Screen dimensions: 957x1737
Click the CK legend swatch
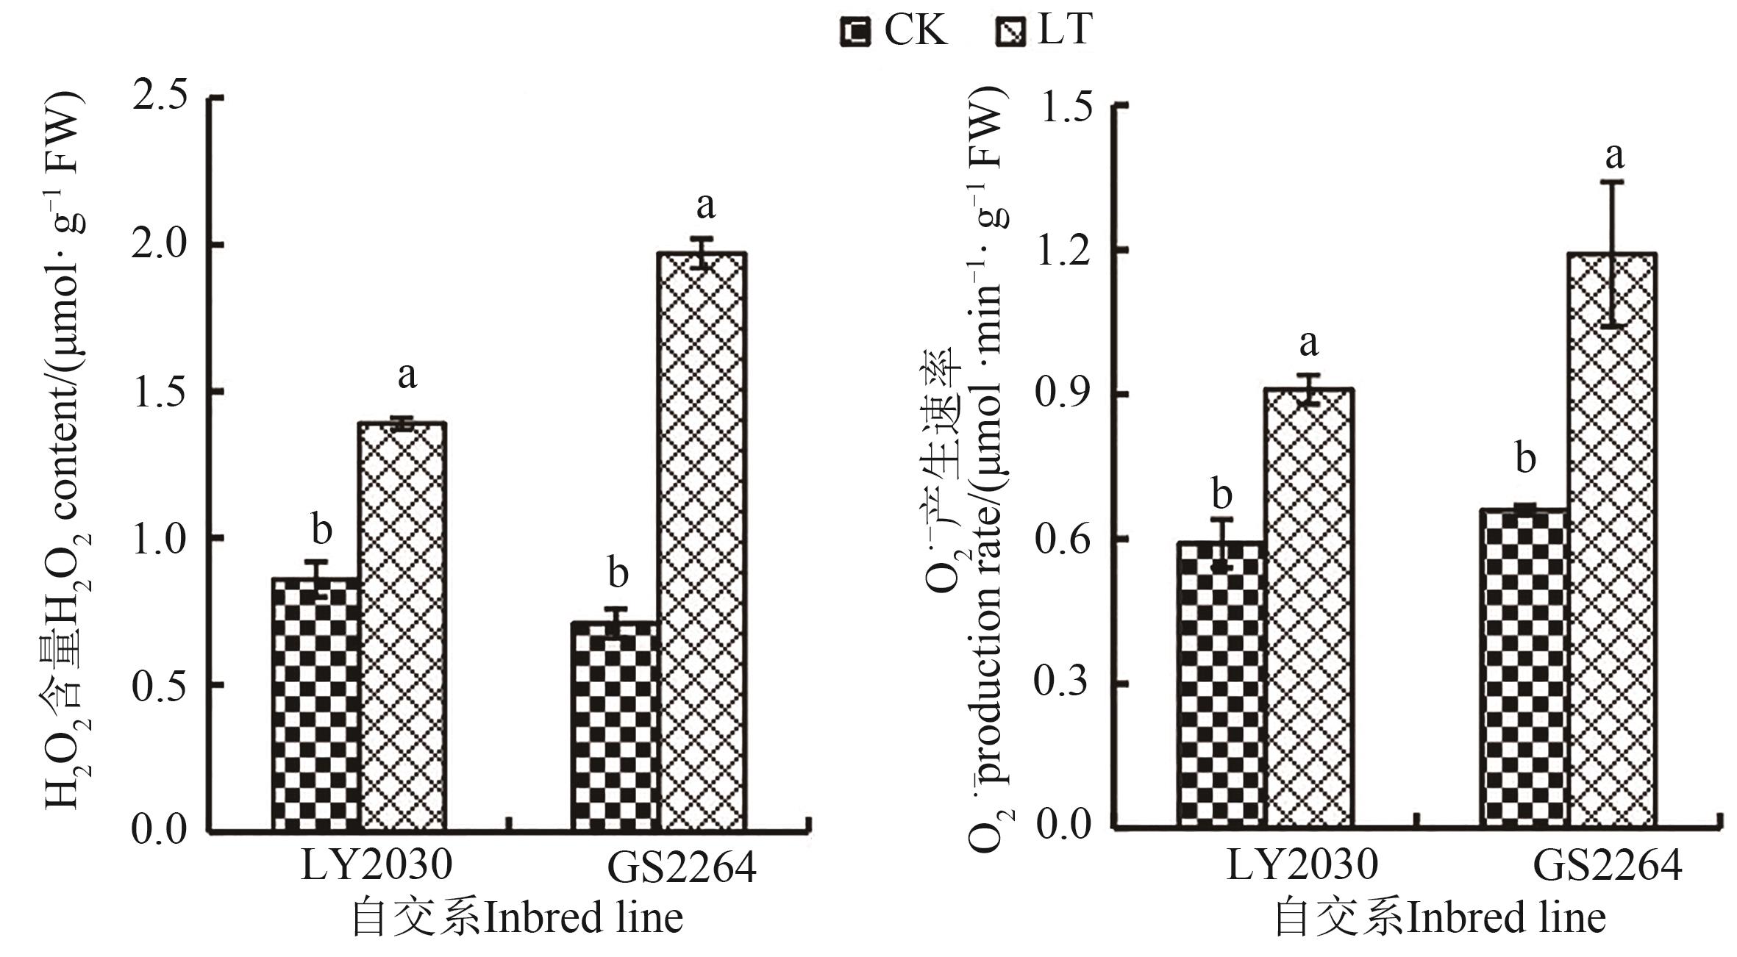[x=855, y=32]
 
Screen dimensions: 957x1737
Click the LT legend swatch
[x=1010, y=32]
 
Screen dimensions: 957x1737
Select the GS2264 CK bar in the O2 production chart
[x=1524, y=668]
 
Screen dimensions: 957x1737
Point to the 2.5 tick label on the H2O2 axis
[x=159, y=96]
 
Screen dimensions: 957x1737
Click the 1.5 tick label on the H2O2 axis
[x=159, y=392]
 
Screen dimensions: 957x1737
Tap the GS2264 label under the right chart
[x=1607, y=867]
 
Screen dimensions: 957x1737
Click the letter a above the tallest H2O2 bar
[x=705, y=207]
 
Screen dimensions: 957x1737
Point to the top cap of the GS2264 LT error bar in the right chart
[x=1612, y=182]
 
